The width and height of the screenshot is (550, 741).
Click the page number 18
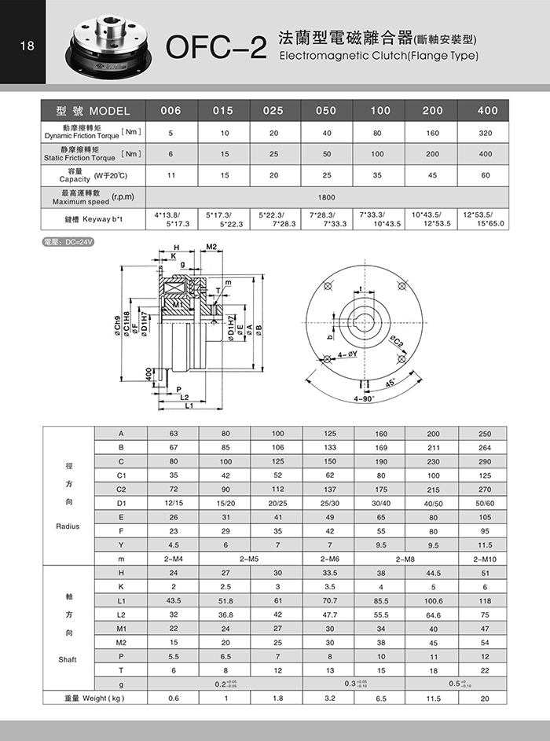click(27, 45)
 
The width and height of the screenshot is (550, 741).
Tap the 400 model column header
click(487, 111)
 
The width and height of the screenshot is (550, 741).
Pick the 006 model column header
click(170, 111)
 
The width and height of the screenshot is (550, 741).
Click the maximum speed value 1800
click(326, 197)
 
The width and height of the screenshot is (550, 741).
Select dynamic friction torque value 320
click(485, 133)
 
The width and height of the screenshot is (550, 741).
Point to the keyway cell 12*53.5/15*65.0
click(485, 219)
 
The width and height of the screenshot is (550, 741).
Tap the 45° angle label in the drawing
click(390, 383)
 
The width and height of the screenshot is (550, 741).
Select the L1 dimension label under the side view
click(189, 406)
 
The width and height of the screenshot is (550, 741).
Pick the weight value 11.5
click(433, 698)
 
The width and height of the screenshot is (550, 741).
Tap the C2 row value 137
click(328, 489)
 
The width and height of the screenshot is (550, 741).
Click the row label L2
click(121, 614)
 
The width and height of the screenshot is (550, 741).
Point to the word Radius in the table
click(68, 526)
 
